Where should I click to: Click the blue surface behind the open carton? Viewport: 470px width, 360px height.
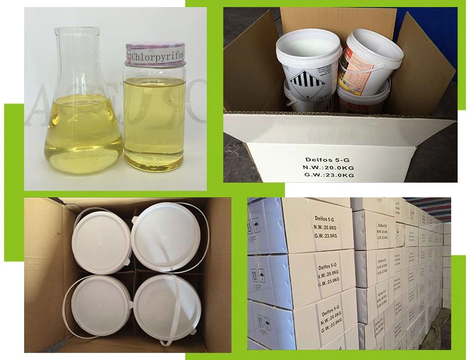click(x=426, y=23)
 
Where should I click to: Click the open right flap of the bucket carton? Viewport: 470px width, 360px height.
click(x=426, y=65)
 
